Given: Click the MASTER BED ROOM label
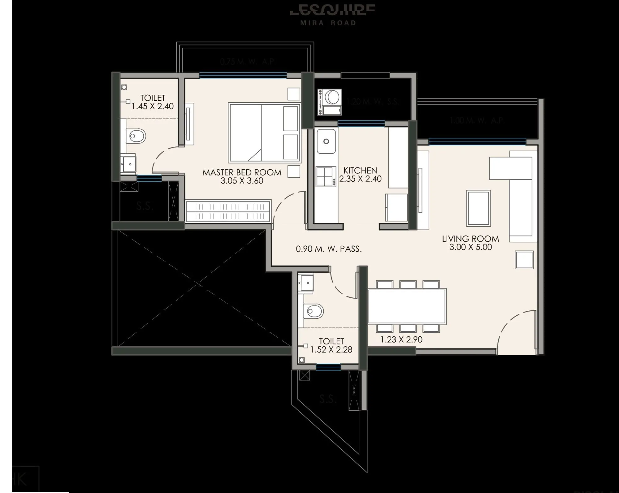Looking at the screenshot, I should point(242,172).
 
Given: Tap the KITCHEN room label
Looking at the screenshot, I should point(360,171).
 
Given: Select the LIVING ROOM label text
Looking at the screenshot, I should point(470,239).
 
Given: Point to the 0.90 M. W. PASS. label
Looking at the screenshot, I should point(329,249).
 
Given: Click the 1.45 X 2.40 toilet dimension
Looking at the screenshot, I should point(153,106).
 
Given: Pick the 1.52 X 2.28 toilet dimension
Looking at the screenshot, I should point(331,349).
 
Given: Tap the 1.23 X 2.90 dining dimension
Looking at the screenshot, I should point(401,339).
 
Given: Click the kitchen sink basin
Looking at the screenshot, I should point(326,141).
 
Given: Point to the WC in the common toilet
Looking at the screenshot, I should point(314,311).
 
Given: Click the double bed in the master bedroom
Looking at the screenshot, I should point(265,133).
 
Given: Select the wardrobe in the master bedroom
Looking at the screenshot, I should point(228,211).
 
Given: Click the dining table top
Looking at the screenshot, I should point(407,306).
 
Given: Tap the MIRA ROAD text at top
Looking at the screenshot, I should point(328,23).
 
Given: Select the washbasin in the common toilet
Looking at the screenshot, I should point(306,282).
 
